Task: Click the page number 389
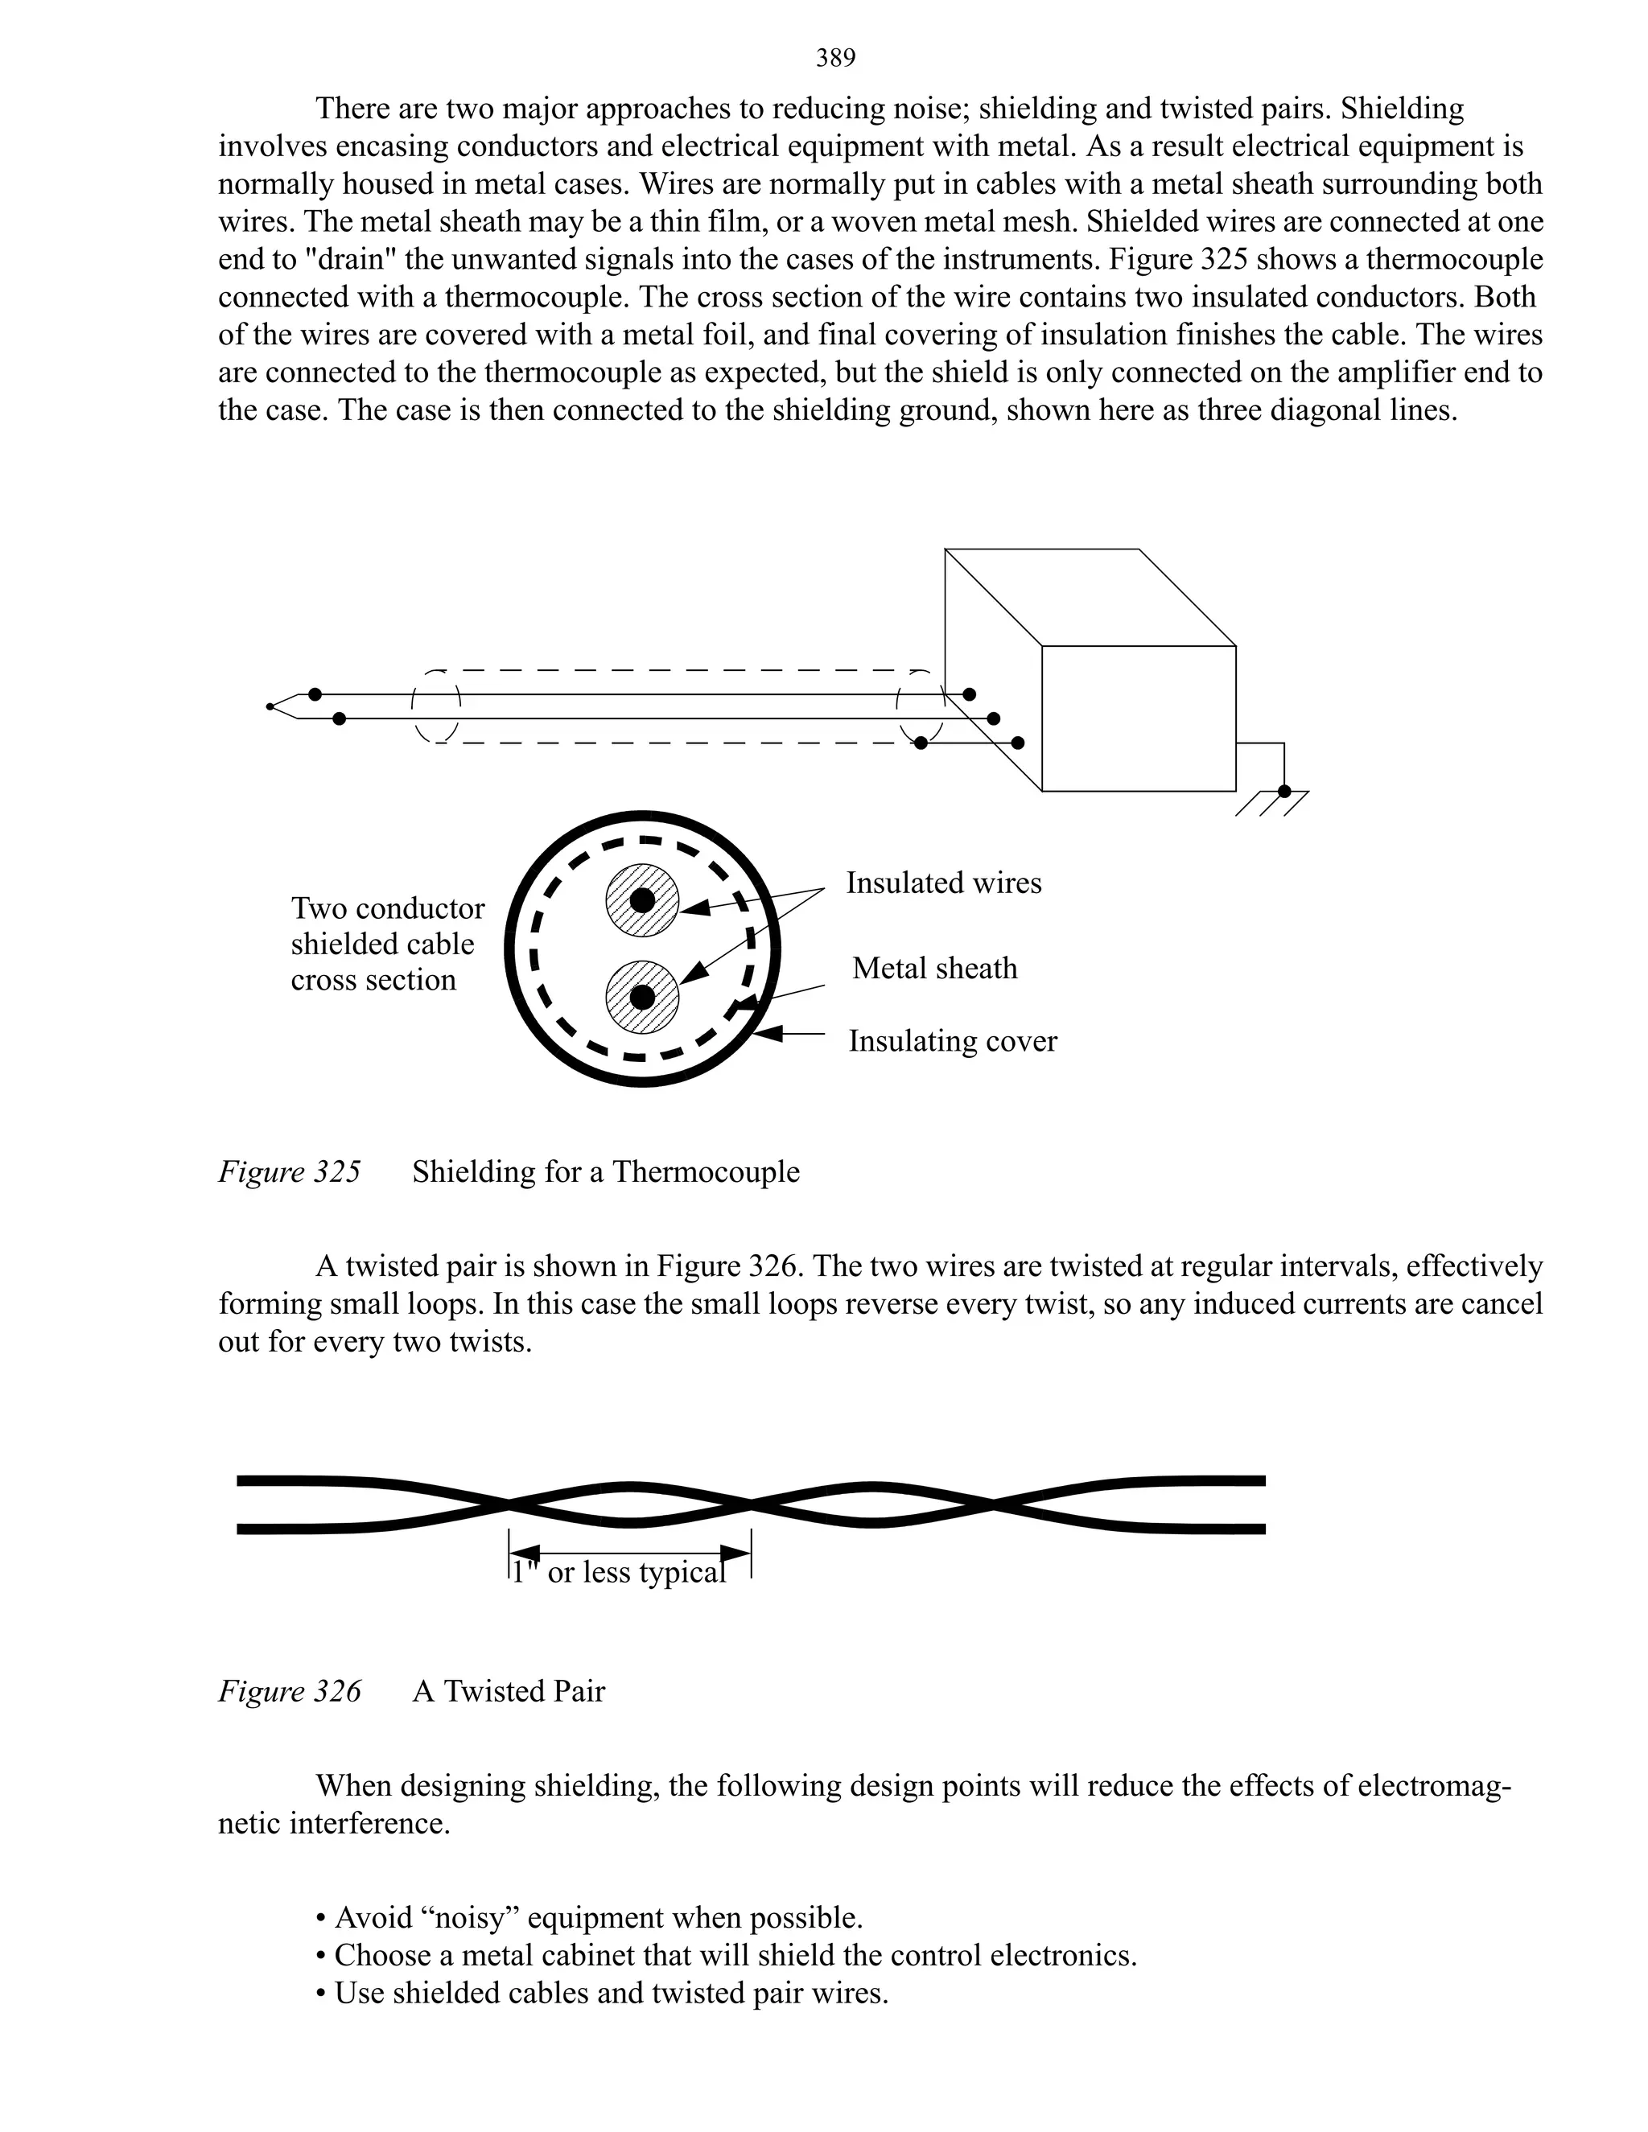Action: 836,60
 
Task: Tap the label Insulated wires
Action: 943,883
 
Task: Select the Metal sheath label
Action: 934,969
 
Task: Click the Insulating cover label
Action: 952,1042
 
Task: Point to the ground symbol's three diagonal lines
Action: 1271,804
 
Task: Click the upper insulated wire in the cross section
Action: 641,900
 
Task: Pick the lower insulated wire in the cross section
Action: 641,998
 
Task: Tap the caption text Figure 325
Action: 289,1171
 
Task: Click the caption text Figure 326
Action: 289,1691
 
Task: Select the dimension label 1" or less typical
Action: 619,1573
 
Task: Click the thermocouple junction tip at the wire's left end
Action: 270,706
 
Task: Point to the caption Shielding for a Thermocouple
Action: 605,1171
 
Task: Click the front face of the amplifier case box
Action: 1139,718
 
